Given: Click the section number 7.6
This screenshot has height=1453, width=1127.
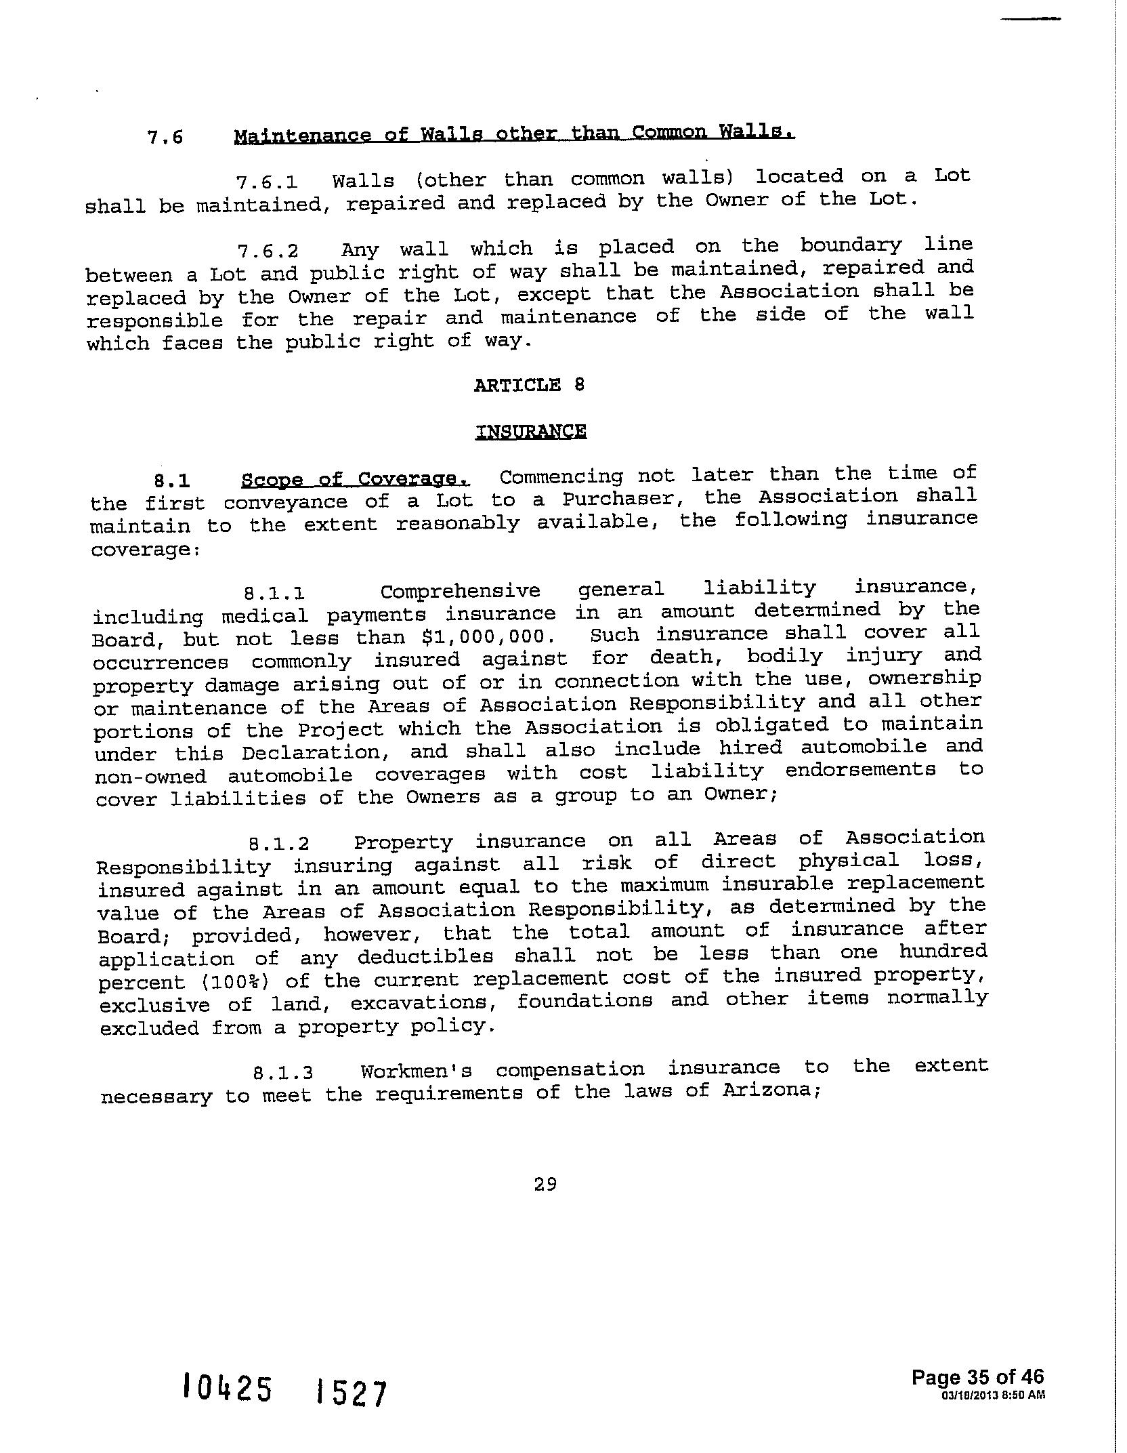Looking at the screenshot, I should pyautogui.click(x=165, y=137).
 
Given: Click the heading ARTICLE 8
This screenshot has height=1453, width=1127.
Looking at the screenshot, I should pyautogui.click(x=529, y=385).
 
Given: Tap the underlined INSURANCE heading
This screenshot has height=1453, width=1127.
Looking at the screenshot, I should pyautogui.click(x=531, y=432).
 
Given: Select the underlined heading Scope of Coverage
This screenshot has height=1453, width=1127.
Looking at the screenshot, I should pyautogui.click(x=355, y=479).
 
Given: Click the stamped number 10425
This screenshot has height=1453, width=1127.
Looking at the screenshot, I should pyautogui.click(x=228, y=1389).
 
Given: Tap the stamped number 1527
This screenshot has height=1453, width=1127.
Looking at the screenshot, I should pyautogui.click(x=352, y=1392).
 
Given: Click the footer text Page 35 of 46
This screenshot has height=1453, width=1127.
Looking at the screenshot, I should pyautogui.click(x=977, y=1376).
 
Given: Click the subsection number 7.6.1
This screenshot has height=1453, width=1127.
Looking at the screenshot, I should pyautogui.click(x=267, y=182).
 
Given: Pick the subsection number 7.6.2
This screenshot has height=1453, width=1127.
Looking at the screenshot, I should pyautogui.click(x=268, y=251).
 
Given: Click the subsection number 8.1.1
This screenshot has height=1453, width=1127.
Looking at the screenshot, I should pyautogui.click(x=274, y=594).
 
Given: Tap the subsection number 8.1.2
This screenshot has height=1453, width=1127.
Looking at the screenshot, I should pyautogui.click(x=279, y=844).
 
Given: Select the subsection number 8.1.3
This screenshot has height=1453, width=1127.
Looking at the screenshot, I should pyautogui.click(x=283, y=1073).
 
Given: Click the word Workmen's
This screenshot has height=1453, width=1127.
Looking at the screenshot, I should pyautogui.click(x=416, y=1071).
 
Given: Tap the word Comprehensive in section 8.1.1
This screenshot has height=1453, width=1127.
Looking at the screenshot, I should pyautogui.click(x=460, y=591).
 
